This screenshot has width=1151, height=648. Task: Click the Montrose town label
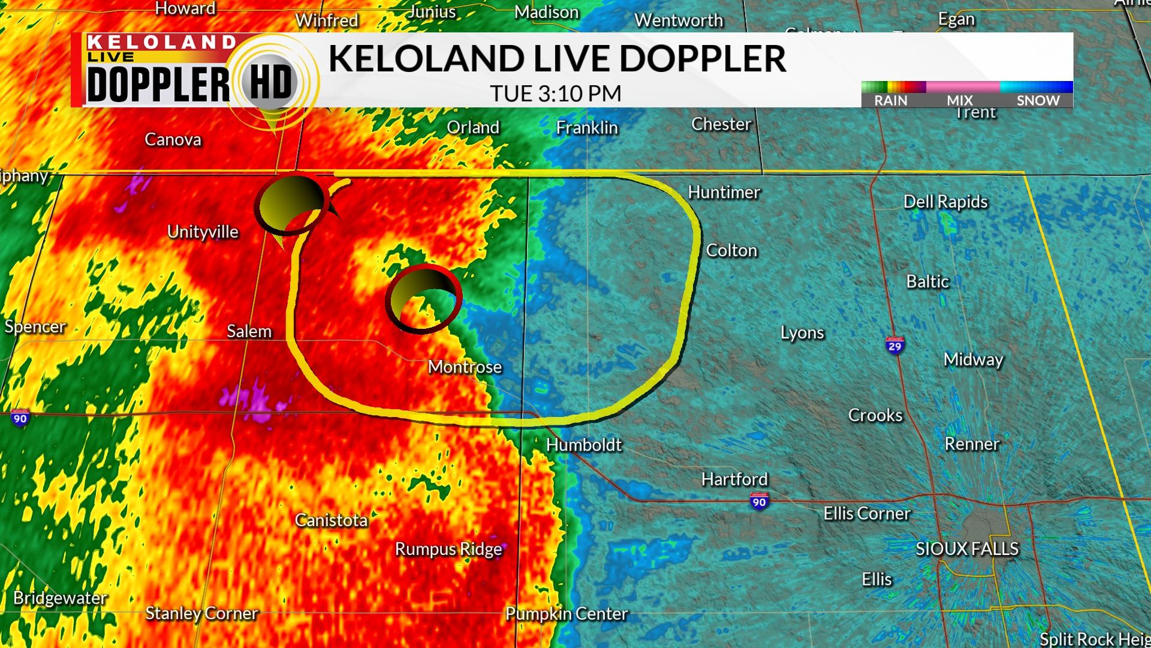465,367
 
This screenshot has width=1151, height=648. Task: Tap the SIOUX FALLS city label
967,548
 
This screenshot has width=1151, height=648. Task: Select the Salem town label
249,331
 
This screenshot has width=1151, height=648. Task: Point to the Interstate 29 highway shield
894,345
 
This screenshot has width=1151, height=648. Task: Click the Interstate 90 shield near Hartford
759,501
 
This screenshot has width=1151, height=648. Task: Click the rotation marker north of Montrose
423,298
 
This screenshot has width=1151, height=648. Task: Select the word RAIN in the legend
890,100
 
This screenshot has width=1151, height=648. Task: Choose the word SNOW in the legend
1038,100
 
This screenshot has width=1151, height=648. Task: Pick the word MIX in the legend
960,100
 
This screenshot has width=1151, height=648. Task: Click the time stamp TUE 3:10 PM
555,94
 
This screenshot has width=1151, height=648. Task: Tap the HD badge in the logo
271,83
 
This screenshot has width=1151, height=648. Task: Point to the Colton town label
731,250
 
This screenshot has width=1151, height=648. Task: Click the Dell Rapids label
945,202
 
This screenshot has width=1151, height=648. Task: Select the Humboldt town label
584,445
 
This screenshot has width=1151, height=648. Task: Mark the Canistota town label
331,520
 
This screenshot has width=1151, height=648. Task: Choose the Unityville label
203,232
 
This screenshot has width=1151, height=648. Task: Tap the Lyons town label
802,332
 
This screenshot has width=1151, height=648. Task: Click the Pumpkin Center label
567,614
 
